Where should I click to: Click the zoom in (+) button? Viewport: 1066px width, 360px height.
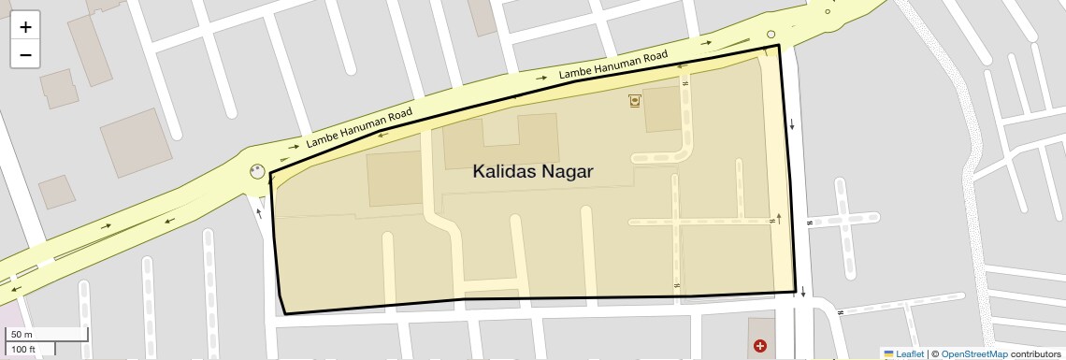coord(25,27)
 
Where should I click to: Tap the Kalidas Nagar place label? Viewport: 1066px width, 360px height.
coord(533,172)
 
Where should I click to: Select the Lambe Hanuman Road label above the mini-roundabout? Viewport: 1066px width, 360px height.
coord(359,129)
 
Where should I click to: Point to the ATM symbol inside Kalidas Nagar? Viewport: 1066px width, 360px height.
coord(636,99)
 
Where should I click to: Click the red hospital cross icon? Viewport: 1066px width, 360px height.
coord(760,346)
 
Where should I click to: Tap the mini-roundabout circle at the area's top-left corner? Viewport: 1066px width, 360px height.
coord(257,171)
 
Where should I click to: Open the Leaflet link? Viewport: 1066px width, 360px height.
coord(910,353)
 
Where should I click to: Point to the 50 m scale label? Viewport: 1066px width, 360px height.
coord(22,335)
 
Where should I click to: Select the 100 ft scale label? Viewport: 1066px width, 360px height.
coord(23,349)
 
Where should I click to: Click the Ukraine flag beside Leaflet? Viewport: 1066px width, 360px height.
coord(888,353)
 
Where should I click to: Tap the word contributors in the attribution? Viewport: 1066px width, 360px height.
coord(1035,353)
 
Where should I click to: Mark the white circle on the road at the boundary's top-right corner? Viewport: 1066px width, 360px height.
coord(771,36)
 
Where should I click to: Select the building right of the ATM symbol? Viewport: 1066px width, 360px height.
coord(664,108)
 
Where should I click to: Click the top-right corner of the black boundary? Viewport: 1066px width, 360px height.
coord(779,45)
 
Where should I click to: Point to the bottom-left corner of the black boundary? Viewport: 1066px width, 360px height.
coord(284,314)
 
